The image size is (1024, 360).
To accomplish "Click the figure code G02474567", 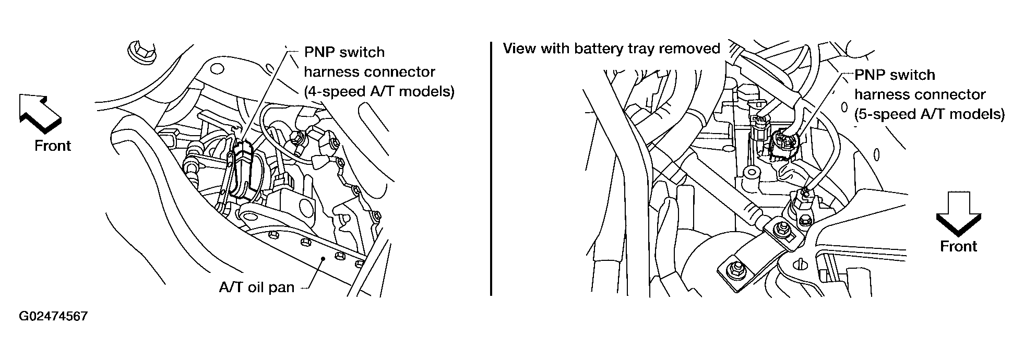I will (53, 317).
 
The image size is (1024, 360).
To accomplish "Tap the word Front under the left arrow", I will (53, 146).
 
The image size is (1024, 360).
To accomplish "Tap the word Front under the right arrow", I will (958, 246).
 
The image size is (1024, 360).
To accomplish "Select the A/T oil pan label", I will (256, 287).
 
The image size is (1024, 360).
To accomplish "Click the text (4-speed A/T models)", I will (379, 91).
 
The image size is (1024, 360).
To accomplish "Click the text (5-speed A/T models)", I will (930, 114).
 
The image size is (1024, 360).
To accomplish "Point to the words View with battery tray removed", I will (611, 49).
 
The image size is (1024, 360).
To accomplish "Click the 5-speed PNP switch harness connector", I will (781, 141).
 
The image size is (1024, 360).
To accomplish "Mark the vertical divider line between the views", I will (491, 170).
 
